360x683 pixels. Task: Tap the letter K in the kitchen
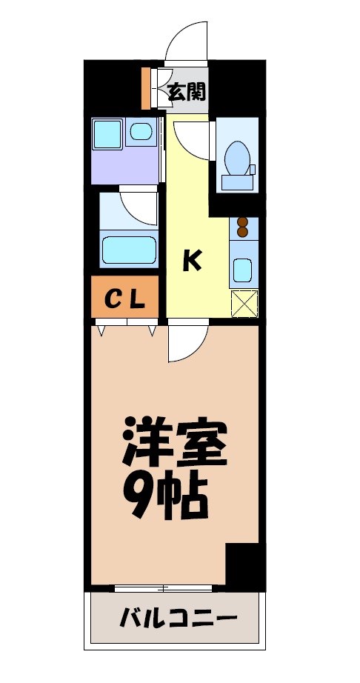191,260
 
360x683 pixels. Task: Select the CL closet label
124,298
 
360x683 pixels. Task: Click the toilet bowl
236,158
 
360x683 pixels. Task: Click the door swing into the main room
185,344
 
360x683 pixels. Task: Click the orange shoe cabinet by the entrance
146,87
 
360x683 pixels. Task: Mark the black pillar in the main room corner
244,566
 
